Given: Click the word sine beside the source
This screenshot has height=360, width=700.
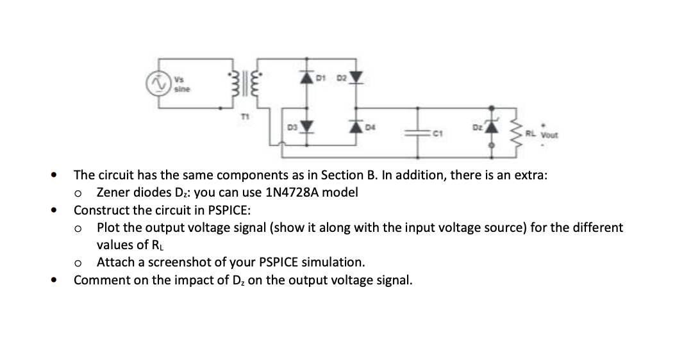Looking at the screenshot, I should click(180, 90).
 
